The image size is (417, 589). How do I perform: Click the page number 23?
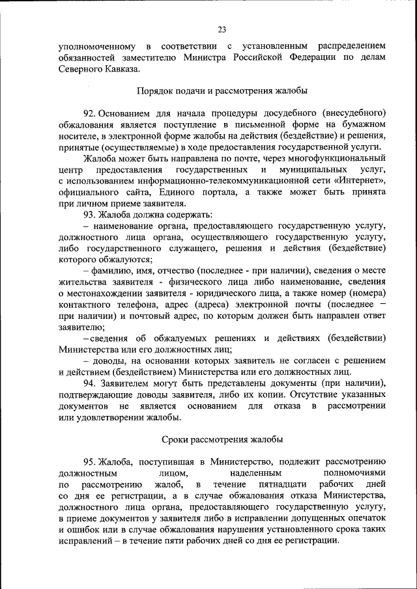coord(222,29)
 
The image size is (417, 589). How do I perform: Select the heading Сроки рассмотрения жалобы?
coord(222,440)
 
